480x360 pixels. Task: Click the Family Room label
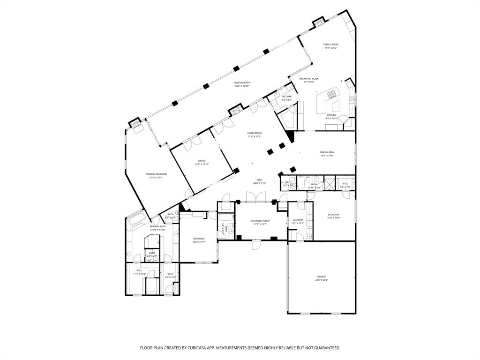pos(330,45)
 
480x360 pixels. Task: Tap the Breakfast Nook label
pos(309,79)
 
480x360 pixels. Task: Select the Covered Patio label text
pos(242,83)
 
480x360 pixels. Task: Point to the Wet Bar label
pos(286,97)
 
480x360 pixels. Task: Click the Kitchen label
pos(331,115)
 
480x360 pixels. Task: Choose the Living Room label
pos(255,133)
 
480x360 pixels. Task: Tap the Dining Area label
pos(327,152)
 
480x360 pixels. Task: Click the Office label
pos(202,161)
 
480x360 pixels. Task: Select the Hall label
pos(259,180)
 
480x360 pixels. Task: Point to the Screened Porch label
pos(259,220)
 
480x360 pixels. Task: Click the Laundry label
pos(298,220)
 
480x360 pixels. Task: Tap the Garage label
pos(321,277)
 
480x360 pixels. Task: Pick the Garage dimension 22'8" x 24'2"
pos(321,280)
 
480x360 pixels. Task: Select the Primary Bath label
pos(157,226)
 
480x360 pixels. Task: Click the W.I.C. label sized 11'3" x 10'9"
pos(139,270)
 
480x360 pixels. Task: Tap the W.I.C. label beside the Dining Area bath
pos(345,184)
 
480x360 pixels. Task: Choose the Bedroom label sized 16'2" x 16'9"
pos(333,215)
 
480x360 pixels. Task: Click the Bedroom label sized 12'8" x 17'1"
pos(199,239)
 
